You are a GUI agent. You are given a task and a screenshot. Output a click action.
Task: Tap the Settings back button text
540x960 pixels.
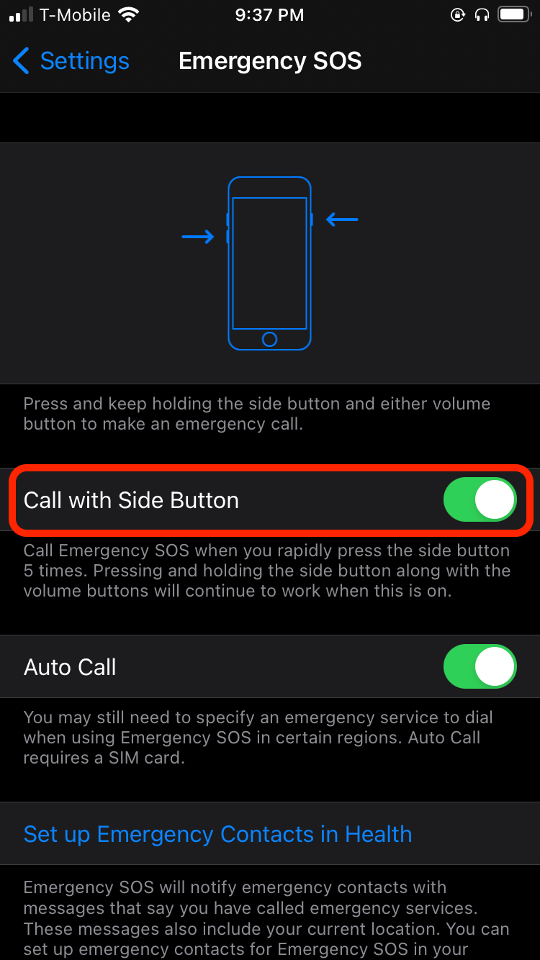(x=84, y=61)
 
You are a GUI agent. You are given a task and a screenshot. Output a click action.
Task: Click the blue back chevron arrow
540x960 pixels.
(x=21, y=61)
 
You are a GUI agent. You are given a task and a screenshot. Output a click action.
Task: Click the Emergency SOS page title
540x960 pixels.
(x=270, y=61)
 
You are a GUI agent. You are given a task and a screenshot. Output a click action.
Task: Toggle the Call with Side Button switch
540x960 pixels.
(x=480, y=500)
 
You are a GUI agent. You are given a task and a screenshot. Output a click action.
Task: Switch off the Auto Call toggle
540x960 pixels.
(x=480, y=667)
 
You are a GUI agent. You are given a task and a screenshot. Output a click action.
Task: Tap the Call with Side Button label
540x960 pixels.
(x=131, y=500)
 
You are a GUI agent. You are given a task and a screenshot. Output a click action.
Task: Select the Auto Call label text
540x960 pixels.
(x=70, y=667)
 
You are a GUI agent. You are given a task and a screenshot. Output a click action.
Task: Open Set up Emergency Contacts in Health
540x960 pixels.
(x=217, y=834)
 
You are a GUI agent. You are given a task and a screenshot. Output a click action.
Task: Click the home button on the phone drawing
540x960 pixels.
(x=269, y=339)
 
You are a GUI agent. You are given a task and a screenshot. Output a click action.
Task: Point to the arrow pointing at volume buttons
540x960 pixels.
(x=198, y=236)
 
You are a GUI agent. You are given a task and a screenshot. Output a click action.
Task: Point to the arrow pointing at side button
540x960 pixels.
(x=342, y=219)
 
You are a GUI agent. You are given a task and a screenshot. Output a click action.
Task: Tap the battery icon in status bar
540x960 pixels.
(x=514, y=14)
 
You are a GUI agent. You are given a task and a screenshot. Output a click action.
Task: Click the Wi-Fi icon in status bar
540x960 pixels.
(x=130, y=14)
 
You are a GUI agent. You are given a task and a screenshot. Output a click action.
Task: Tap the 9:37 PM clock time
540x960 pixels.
(x=270, y=14)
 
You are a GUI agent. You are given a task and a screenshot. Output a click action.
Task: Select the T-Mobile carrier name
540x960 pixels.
(x=76, y=14)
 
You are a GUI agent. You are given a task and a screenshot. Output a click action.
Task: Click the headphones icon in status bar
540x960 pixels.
(x=482, y=14)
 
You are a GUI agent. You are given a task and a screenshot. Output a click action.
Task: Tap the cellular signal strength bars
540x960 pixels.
(x=21, y=15)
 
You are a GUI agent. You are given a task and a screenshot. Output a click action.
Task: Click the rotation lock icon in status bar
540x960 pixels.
(x=457, y=14)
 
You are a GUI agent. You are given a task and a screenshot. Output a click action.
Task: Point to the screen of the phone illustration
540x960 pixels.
(x=269, y=263)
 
